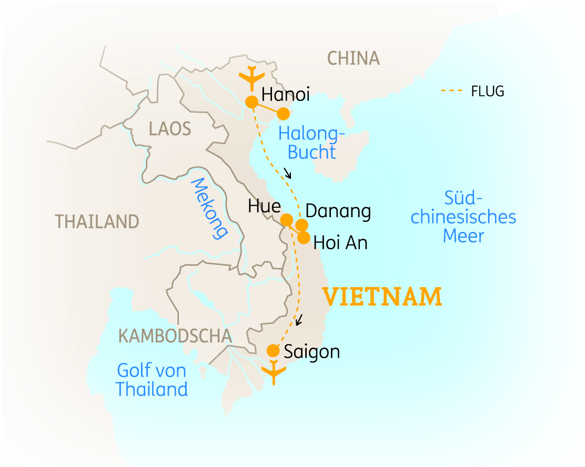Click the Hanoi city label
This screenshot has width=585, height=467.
285,95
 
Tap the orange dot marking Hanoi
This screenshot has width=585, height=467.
252,101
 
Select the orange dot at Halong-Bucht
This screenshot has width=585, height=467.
284,114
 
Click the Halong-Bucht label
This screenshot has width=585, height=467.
312,143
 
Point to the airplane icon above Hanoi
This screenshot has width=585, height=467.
251,77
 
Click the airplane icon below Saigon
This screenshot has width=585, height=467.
273,372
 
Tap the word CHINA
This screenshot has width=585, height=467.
353,58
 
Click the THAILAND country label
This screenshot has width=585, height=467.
97,222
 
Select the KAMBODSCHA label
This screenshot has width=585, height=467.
175,336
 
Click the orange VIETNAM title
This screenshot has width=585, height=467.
382,297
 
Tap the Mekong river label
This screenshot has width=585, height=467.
209,208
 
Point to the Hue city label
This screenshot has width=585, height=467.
264,206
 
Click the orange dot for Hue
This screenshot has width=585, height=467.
287,219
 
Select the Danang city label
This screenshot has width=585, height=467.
338,211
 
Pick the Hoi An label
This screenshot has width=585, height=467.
340,243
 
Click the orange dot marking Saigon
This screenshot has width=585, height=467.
273,350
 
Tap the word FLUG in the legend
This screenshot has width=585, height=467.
487,92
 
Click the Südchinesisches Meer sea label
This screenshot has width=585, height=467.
463,217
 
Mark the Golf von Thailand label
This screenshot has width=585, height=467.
152,380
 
